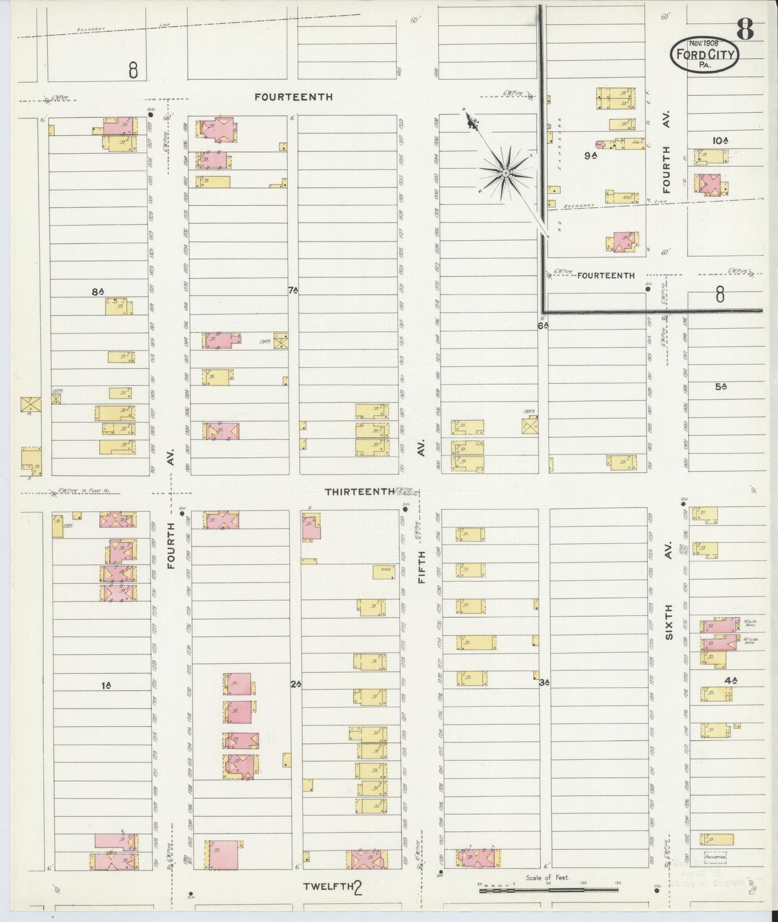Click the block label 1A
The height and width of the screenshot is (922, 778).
pos(106,685)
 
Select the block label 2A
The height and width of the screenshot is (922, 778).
pos(295,684)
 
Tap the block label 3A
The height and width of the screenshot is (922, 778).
pos(544,683)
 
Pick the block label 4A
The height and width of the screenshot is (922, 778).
pos(730,680)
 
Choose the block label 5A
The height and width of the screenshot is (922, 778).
pos(721,386)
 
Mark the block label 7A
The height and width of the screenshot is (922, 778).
pos(293,290)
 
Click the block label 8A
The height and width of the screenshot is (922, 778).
pos(97,292)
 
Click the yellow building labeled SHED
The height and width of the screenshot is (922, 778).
pos(384,571)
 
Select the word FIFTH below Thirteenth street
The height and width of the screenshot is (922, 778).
pos(422,568)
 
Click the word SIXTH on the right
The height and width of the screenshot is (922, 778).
pos(669,622)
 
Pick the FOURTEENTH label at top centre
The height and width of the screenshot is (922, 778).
pos(293,97)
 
